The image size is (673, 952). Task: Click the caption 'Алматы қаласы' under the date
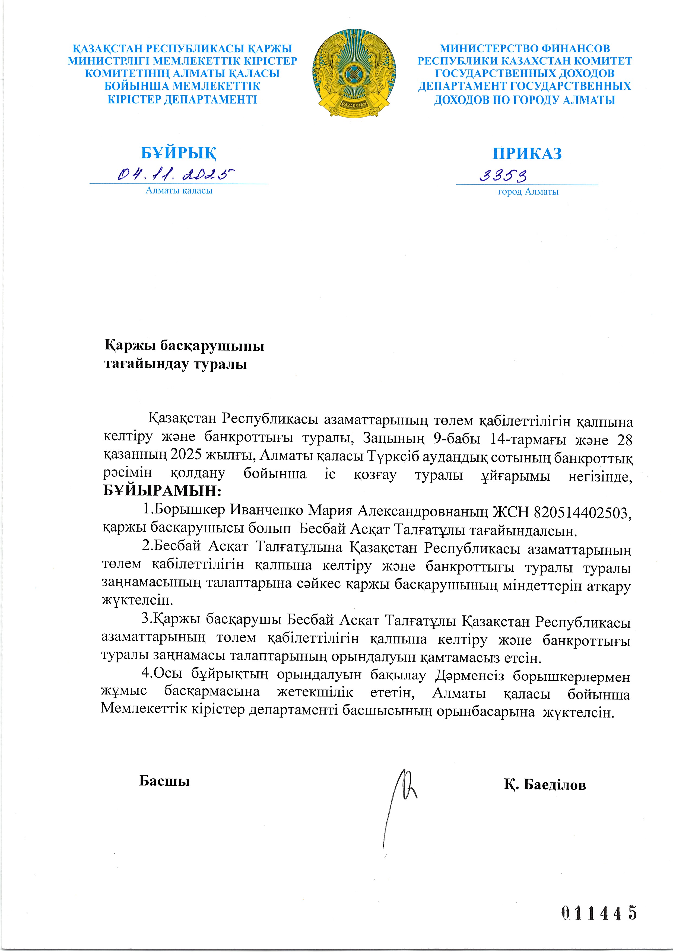click(x=179, y=191)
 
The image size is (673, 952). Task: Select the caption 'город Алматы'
click(x=528, y=192)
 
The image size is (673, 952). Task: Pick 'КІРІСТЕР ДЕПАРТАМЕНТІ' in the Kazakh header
click(x=182, y=100)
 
